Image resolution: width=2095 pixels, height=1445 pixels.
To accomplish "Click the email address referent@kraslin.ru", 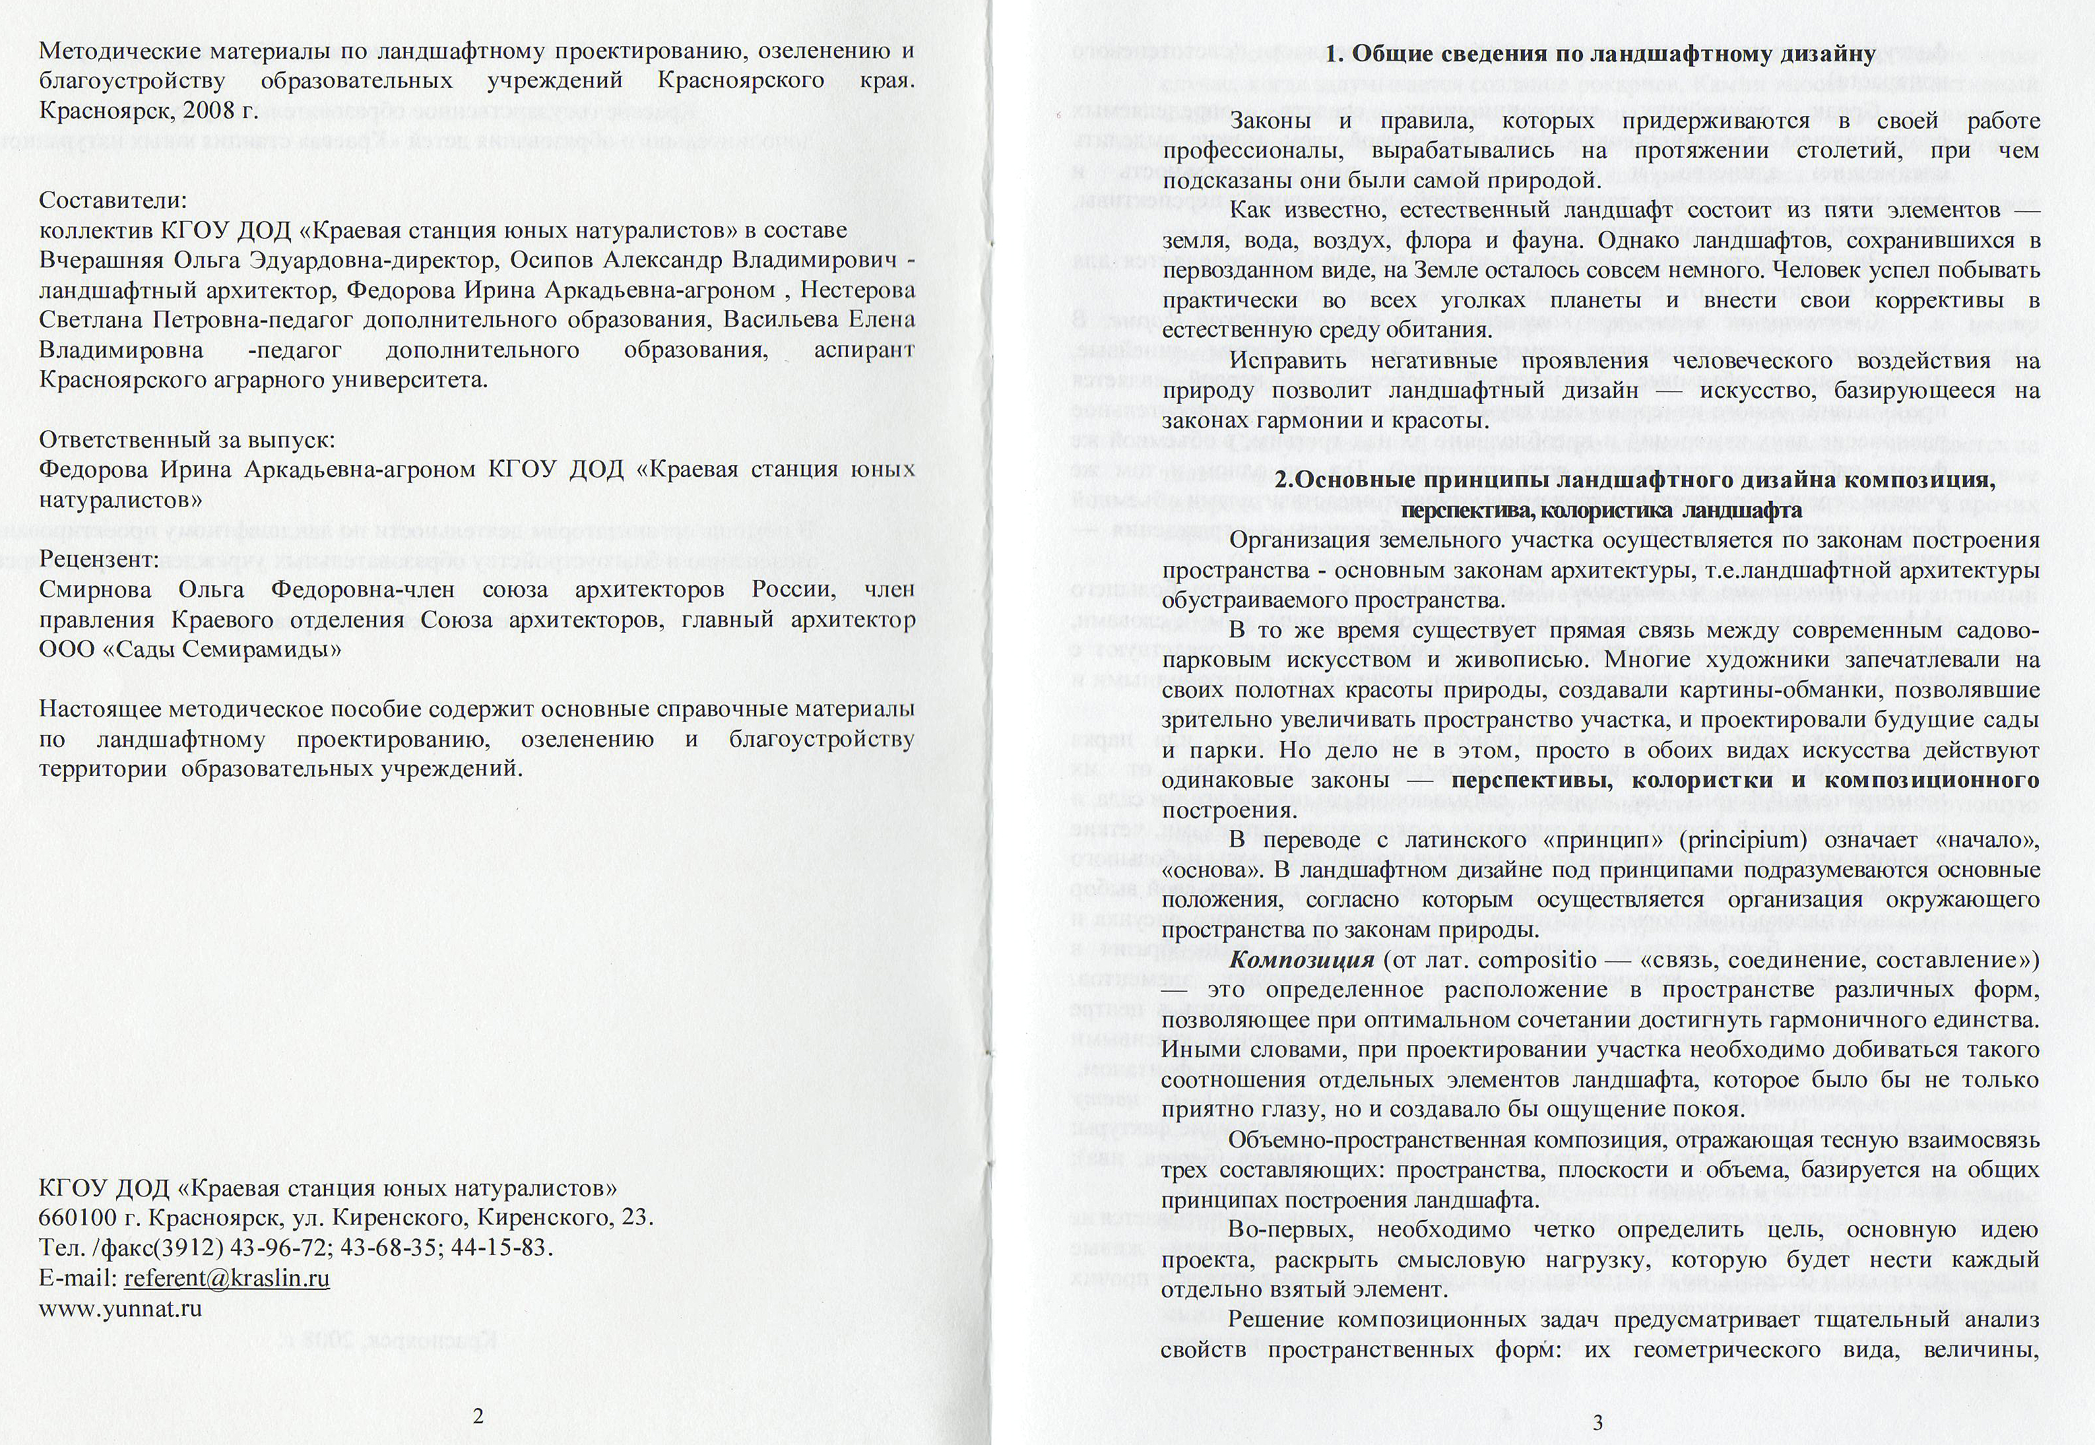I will (x=226, y=1277).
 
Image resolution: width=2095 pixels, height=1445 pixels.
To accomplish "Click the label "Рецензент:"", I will (x=100, y=560).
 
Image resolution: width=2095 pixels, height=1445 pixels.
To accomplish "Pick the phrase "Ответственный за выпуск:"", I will (x=187, y=440).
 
